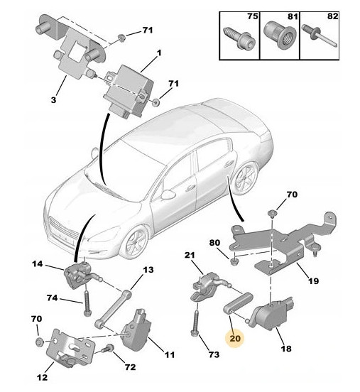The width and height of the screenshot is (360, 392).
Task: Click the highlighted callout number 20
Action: tap(235, 339)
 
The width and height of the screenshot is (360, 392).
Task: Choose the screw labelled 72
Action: tap(110, 350)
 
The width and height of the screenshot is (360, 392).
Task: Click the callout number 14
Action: tap(38, 264)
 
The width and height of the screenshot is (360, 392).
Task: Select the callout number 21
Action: tap(190, 255)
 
